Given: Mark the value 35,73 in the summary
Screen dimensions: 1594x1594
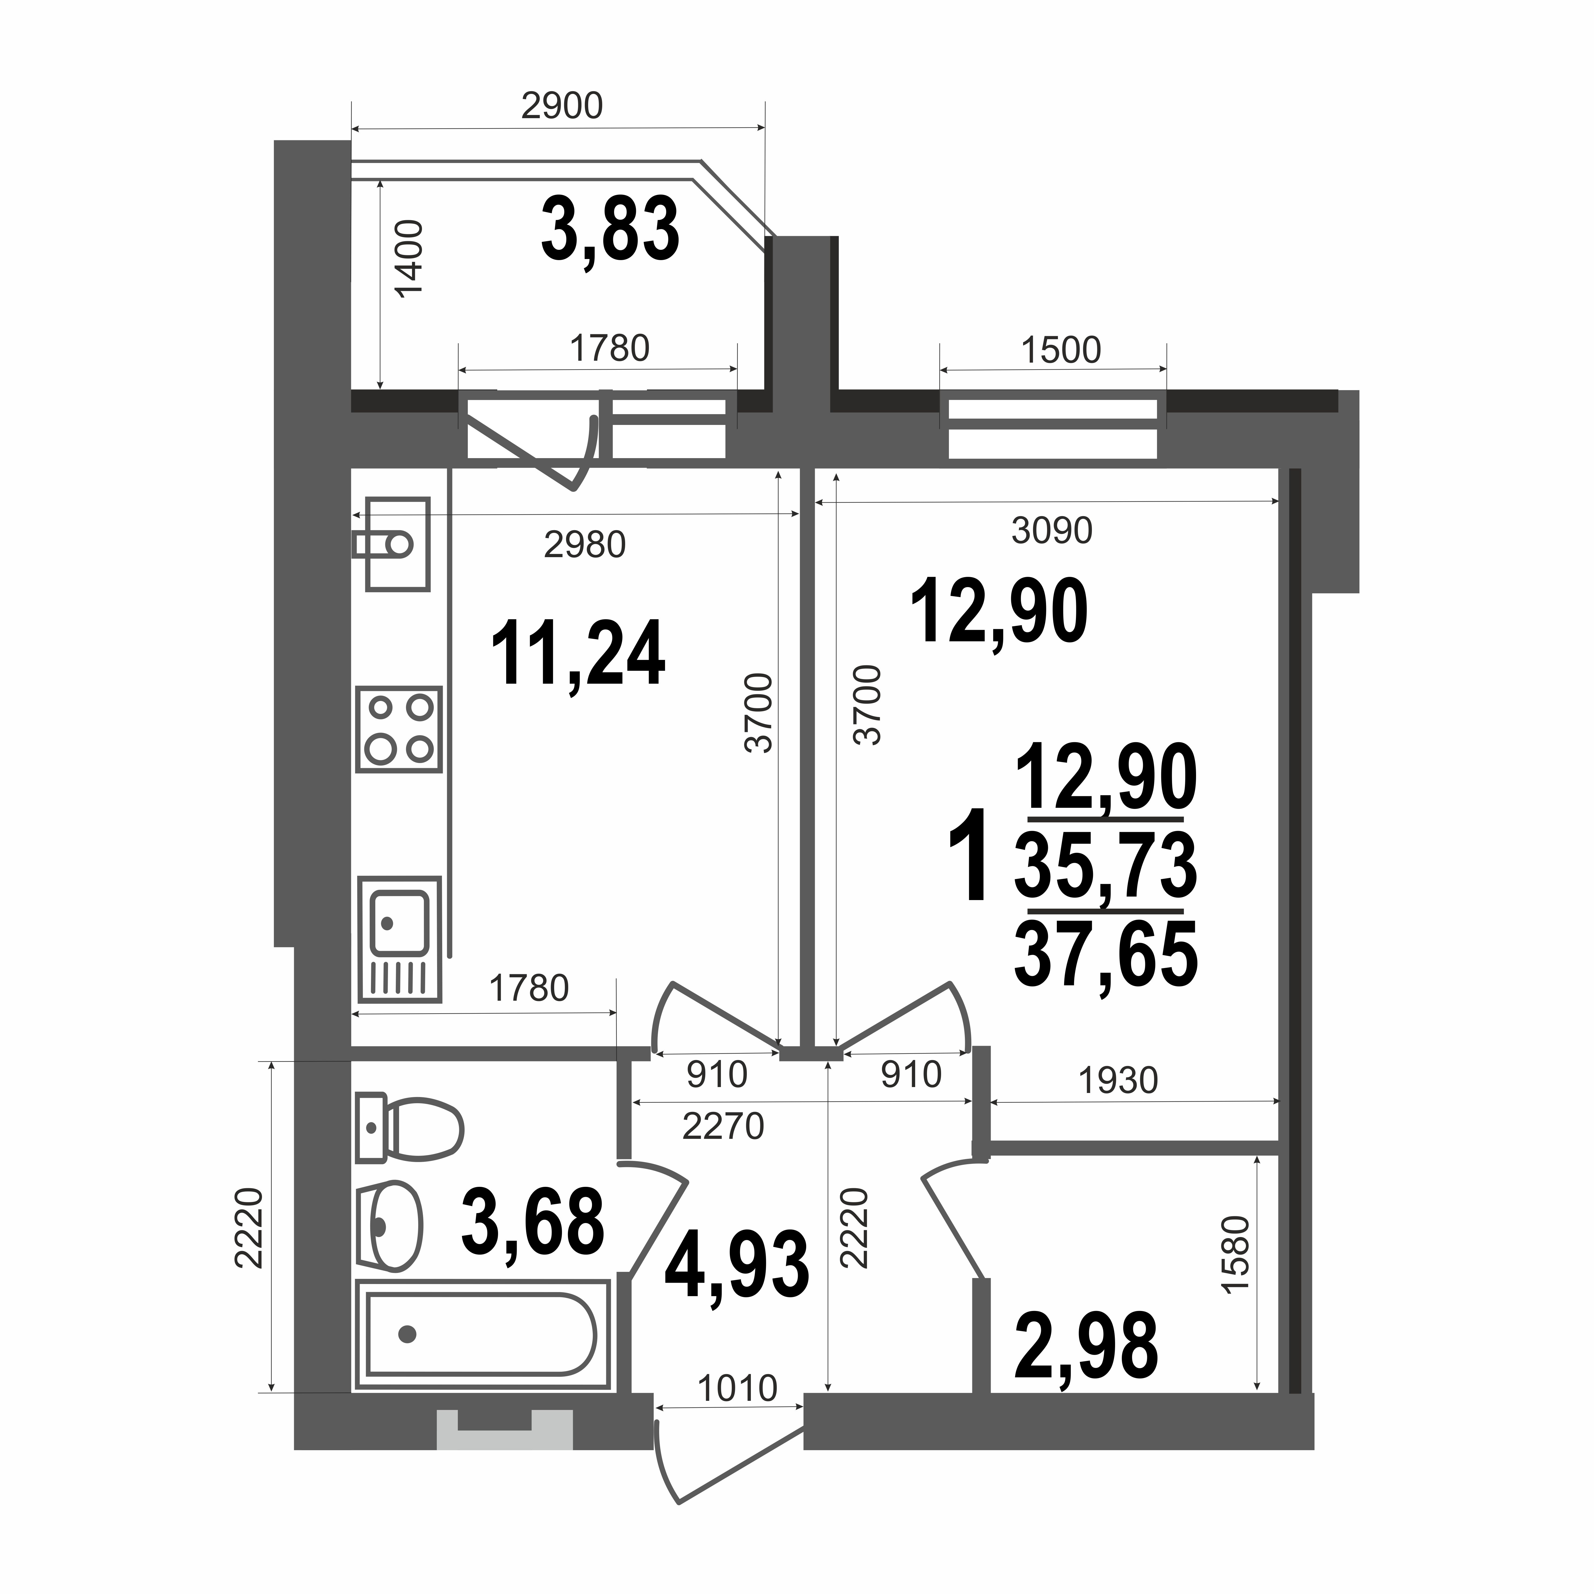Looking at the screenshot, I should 1106,865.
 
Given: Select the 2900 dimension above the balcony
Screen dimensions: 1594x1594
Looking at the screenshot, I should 562,105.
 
